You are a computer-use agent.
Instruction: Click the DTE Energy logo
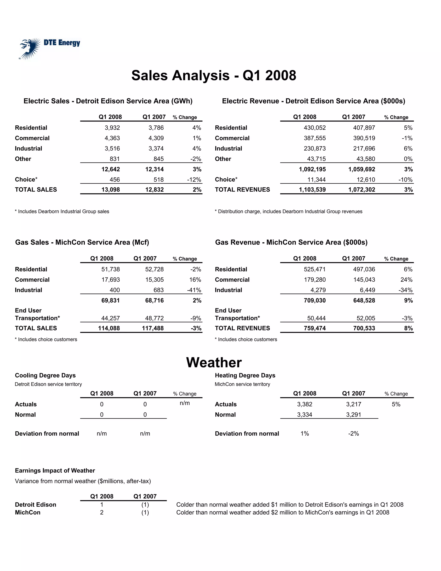[50, 48]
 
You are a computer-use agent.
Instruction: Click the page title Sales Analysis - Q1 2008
[214, 76]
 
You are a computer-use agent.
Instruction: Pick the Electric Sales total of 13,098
[110, 190]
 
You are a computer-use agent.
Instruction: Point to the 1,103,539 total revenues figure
[312, 190]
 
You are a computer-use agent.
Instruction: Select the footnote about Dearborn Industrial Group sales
[62, 212]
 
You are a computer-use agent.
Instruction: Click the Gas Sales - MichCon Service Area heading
[82, 242]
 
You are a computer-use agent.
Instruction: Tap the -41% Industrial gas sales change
[194, 290]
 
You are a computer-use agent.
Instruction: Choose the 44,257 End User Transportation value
[110, 318]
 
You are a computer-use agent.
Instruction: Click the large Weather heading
[214, 363]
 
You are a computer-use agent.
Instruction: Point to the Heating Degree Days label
[245, 375]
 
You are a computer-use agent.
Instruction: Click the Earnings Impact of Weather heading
[55, 471]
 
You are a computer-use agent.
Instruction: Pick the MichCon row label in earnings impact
[28, 512]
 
